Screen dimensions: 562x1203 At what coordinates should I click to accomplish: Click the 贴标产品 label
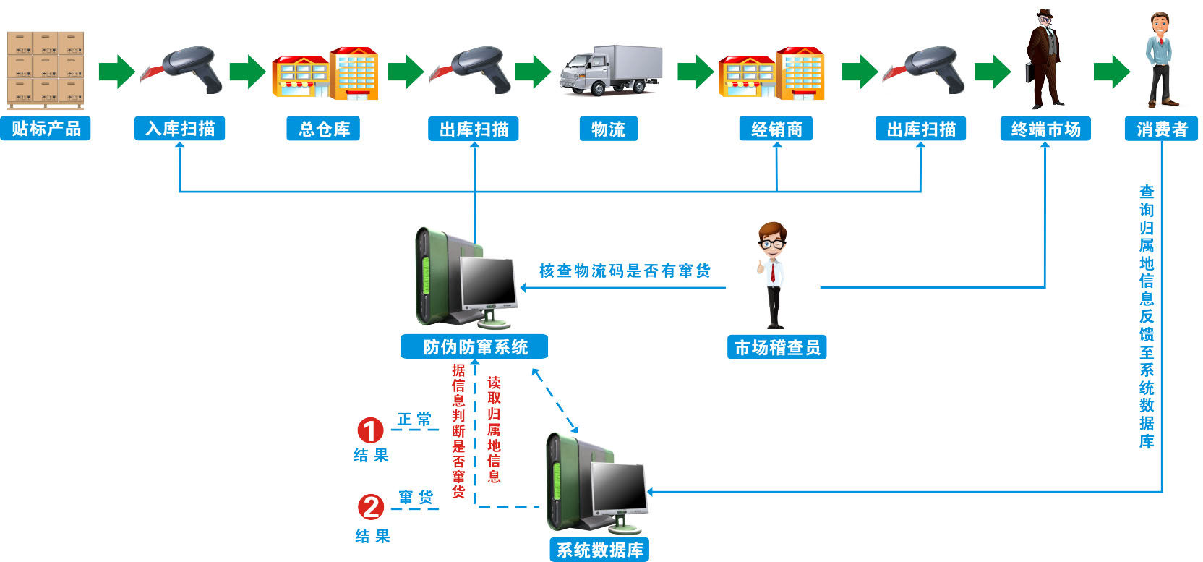coord(46,129)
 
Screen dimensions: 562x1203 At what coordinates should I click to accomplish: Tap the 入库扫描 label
coord(180,129)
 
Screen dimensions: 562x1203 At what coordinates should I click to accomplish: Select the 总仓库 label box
coord(324,129)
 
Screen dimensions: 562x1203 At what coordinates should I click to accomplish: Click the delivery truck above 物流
coord(612,71)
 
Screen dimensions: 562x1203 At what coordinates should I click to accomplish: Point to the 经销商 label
coord(776,129)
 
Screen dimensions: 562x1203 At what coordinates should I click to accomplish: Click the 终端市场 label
coord(1045,129)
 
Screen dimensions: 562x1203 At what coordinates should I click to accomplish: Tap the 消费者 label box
coord(1161,129)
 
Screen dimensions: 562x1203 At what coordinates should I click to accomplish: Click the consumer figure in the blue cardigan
coord(1160,61)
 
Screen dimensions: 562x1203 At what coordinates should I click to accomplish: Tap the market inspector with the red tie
coord(772,275)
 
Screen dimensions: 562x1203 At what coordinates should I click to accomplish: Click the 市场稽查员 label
coord(776,347)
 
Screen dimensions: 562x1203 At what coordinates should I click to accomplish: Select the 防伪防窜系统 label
coord(474,346)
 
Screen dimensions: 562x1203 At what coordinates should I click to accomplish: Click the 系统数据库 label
coord(599,550)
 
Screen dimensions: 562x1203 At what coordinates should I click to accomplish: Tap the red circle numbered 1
coord(370,430)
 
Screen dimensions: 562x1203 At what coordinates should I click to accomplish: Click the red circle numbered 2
coord(371,506)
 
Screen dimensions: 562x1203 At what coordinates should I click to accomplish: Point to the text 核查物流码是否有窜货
coord(625,271)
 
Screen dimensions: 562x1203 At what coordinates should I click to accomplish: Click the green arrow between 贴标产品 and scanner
coord(116,71)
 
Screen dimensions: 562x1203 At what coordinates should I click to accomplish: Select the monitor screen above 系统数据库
coord(619,486)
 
